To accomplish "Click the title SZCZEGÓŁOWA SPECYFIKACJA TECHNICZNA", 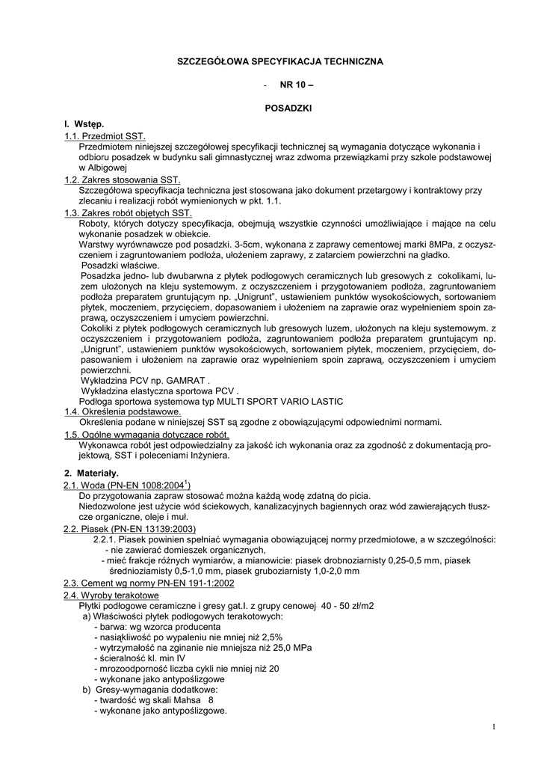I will (279, 61).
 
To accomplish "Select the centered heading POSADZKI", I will (288, 109).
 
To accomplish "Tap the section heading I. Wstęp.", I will (84, 123).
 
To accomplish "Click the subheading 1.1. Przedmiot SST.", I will (104, 135).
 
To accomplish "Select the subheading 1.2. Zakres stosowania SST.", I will (123, 180).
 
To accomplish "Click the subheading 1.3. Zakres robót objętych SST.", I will (128, 212).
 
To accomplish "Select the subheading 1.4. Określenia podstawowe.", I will (123, 411).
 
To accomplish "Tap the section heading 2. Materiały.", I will (91, 474).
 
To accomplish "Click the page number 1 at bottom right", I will (495, 726).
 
